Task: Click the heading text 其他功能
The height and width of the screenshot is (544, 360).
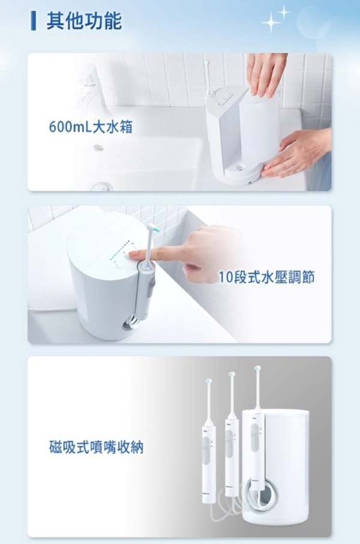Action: pyautogui.click(x=84, y=21)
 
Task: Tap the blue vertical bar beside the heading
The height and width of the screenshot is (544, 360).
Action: pyautogui.click(x=34, y=21)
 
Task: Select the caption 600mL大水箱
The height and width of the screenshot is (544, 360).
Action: pyautogui.click(x=91, y=127)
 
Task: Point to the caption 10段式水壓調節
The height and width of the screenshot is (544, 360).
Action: pyautogui.click(x=267, y=277)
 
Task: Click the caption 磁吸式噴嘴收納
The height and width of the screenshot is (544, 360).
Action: pyautogui.click(x=97, y=447)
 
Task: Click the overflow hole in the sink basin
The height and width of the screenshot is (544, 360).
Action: pyautogui.click(x=99, y=148)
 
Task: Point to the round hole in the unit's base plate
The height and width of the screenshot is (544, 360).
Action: pyautogui.click(x=238, y=168)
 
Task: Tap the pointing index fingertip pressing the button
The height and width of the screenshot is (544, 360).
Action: pyautogui.click(x=133, y=256)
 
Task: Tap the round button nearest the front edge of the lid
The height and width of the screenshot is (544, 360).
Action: pyautogui.click(x=120, y=265)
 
